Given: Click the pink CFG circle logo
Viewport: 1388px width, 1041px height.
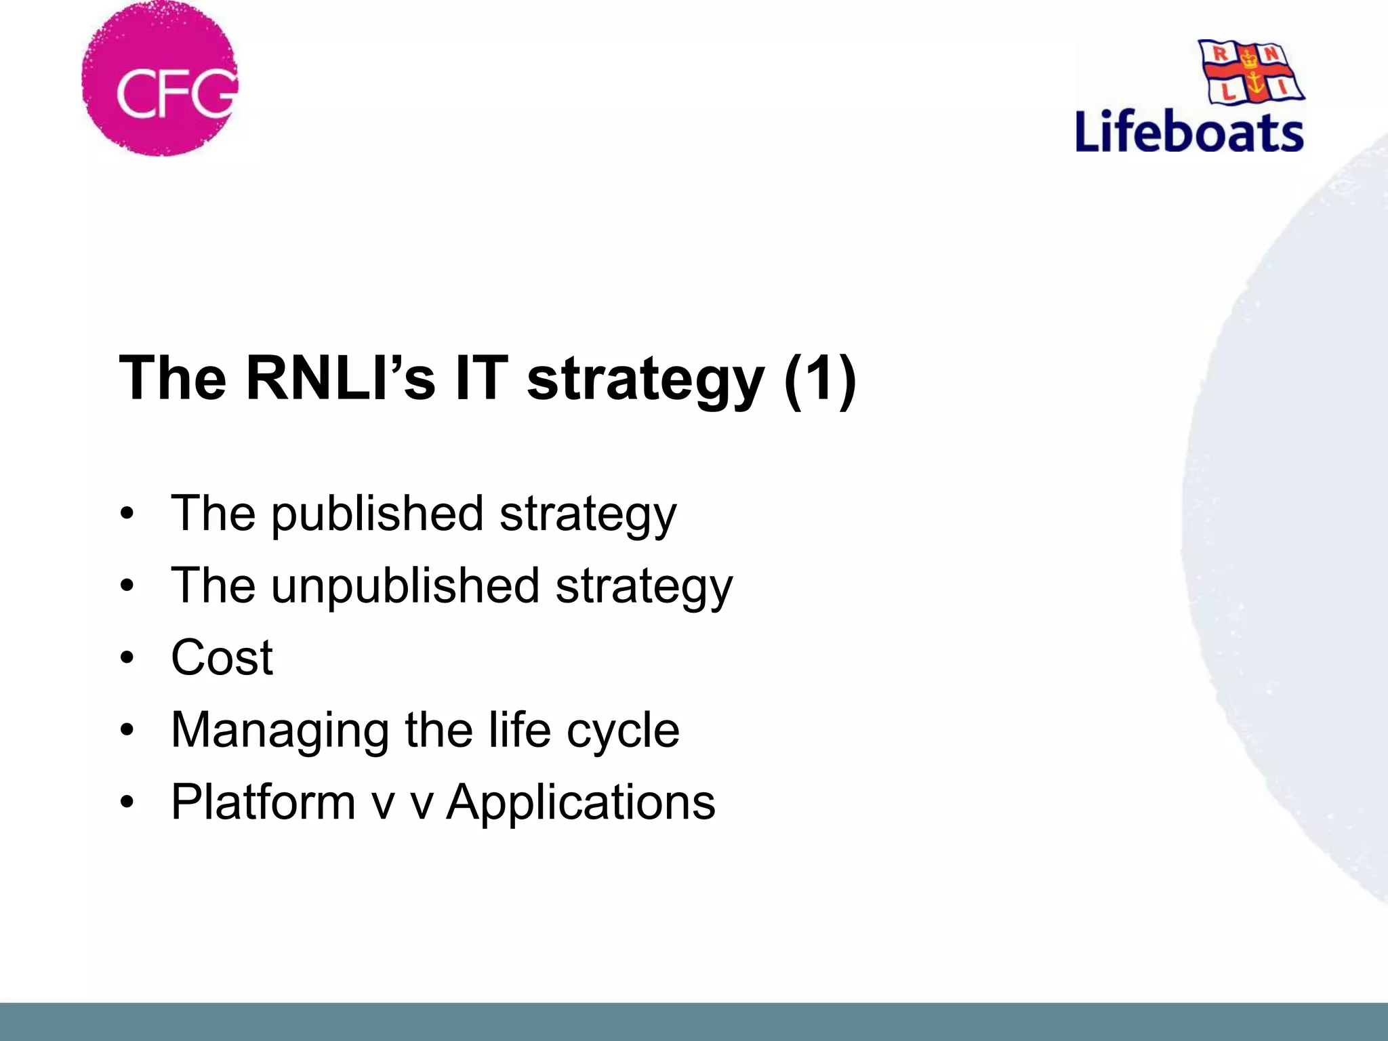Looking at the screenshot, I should click(x=160, y=79).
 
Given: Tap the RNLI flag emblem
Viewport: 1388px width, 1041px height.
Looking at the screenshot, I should click(x=1251, y=72).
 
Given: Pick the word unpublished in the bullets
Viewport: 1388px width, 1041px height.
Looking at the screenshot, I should click(x=405, y=587).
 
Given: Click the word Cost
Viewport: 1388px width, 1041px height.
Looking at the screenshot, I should click(x=222, y=658).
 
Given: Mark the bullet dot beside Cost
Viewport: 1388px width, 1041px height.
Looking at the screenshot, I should click(x=127, y=658).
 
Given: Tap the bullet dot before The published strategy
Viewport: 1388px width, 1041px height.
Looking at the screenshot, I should click(x=127, y=514).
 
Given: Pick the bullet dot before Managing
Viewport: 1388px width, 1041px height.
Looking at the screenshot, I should click(x=127, y=731).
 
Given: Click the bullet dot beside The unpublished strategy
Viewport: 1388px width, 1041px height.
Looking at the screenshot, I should click(x=127, y=586).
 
